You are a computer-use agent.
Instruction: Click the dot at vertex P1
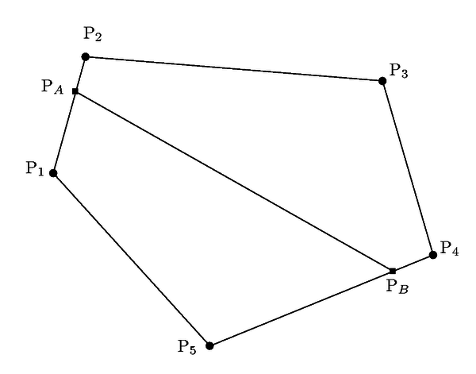53,172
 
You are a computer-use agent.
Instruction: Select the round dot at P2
86,56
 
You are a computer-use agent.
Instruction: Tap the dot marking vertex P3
382,80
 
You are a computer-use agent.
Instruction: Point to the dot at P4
432,254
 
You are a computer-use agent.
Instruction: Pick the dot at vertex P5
209,345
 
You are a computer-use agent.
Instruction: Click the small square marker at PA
75,91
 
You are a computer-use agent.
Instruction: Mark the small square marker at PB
393,271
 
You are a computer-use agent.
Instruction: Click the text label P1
33,168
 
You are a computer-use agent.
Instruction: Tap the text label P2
93,35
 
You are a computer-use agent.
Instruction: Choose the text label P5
187,346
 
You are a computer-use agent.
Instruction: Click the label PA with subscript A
52,87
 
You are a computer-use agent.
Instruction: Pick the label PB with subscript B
397,287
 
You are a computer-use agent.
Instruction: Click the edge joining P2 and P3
234,68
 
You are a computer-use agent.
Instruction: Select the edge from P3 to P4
408,168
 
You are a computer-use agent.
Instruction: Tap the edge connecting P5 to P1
131,259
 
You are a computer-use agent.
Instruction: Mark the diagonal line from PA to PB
234,181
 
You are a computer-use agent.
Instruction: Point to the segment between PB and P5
301,308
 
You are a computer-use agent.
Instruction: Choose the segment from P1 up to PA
64,132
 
